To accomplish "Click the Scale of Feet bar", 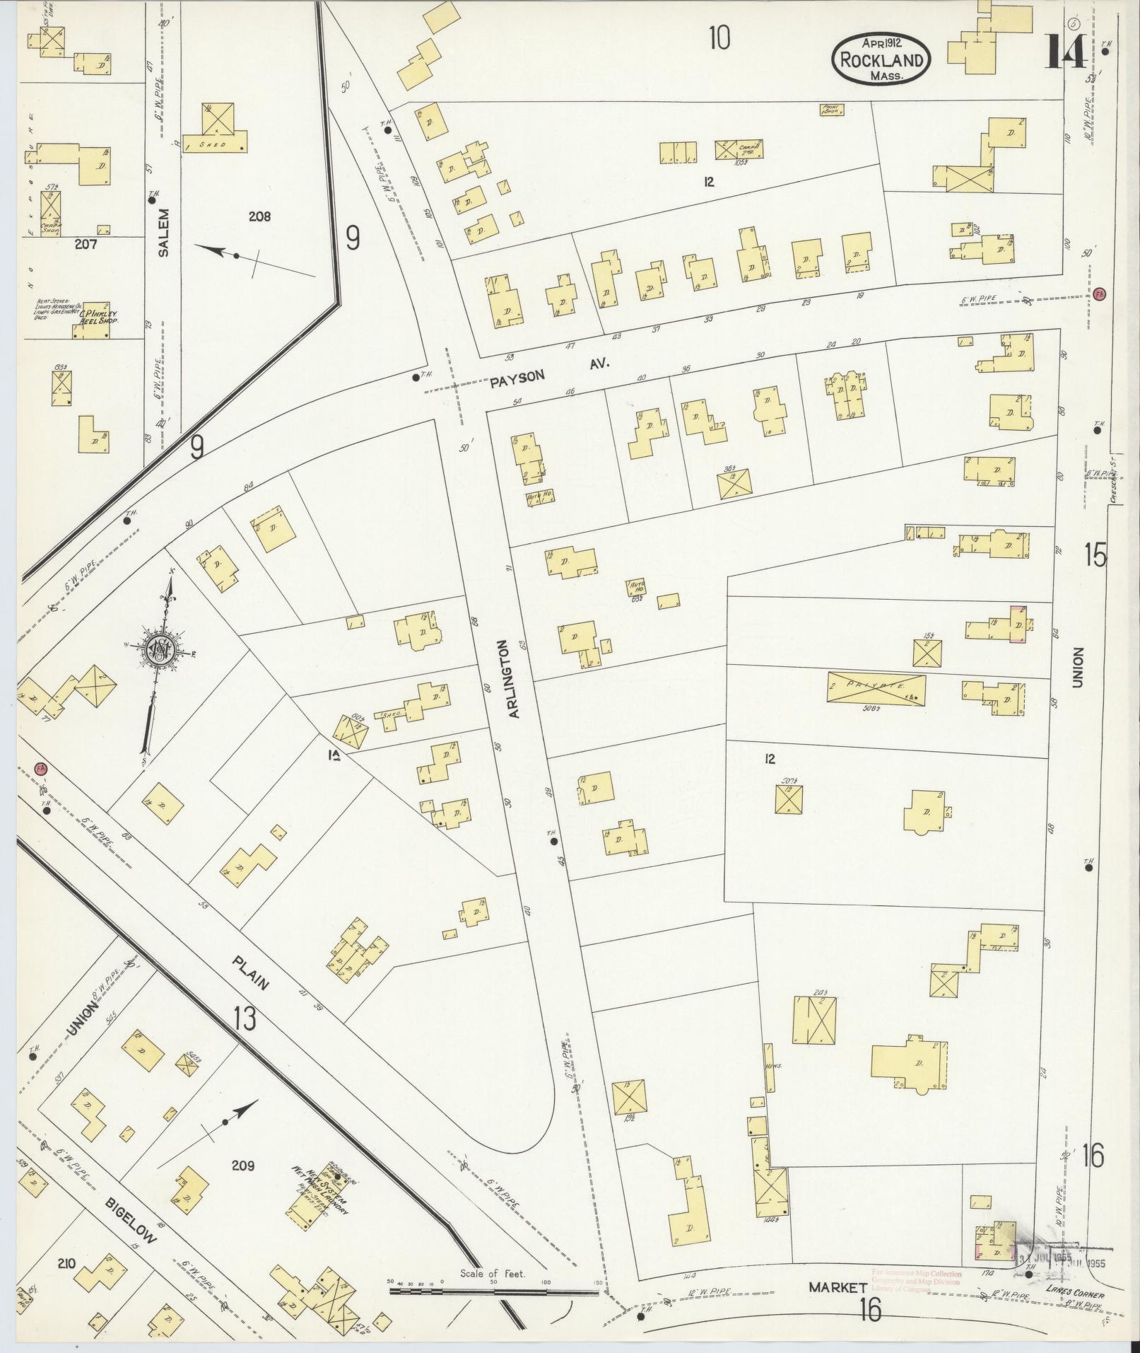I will (x=494, y=1291).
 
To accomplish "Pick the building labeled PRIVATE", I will (x=876, y=687).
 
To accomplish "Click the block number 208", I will (x=259, y=217).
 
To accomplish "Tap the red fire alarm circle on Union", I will (x=1099, y=293).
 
